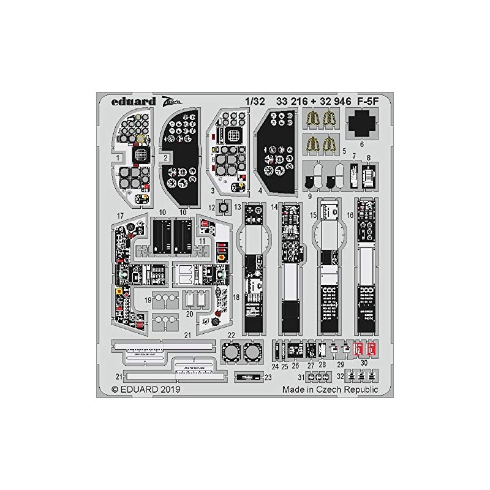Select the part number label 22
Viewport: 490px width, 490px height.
click(232, 334)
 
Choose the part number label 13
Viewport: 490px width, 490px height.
click(238, 208)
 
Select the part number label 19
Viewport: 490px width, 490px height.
click(148, 299)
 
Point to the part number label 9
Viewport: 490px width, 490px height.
click(311, 197)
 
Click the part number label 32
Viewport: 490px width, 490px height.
click(341, 377)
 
